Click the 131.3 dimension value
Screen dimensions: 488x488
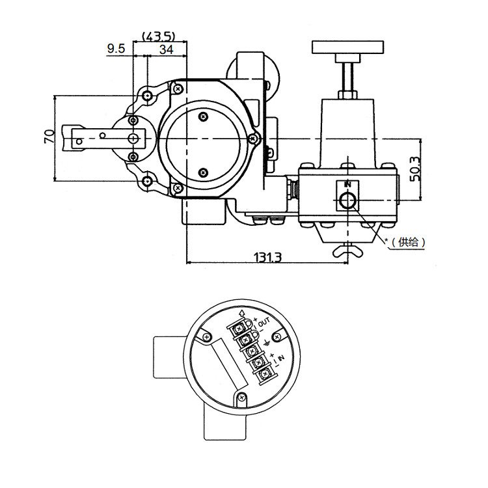pos(267,257)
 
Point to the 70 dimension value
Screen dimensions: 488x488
pos(48,136)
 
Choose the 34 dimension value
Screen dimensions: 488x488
pos(166,49)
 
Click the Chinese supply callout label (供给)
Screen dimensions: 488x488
pos(409,242)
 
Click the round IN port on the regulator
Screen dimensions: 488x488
pos(347,201)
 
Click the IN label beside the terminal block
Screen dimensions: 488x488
pos(280,359)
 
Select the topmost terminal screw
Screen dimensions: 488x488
pos(246,329)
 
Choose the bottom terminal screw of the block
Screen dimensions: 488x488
pos(265,374)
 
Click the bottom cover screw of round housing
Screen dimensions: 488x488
pos(241,397)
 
